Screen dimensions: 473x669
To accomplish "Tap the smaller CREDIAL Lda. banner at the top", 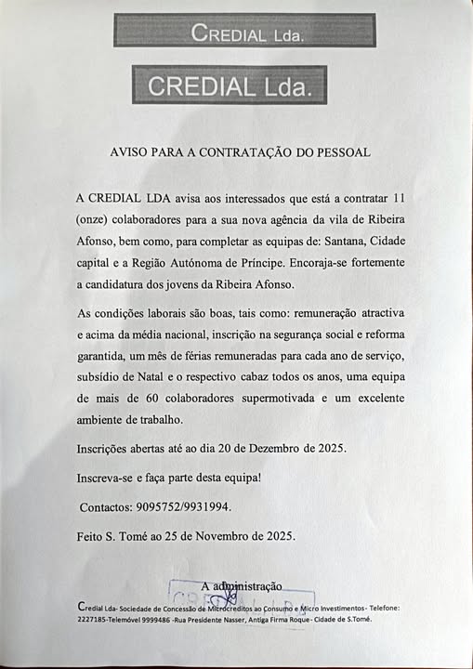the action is [x=244, y=32].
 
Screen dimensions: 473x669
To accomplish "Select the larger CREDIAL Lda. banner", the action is [x=230, y=85].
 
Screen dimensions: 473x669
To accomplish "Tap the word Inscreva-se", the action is [x=109, y=478].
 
